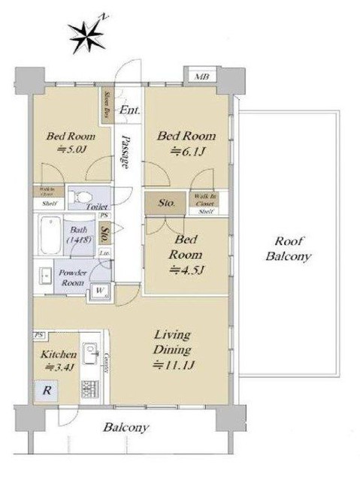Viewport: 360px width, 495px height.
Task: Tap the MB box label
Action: (x=201, y=77)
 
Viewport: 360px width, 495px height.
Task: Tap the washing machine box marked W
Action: (x=99, y=291)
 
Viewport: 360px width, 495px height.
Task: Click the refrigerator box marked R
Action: (x=46, y=391)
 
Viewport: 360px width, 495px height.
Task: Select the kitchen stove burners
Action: (x=91, y=390)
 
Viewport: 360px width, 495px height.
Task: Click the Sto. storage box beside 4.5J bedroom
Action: (x=167, y=204)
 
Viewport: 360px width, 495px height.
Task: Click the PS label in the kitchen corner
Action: (x=38, y=334)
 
